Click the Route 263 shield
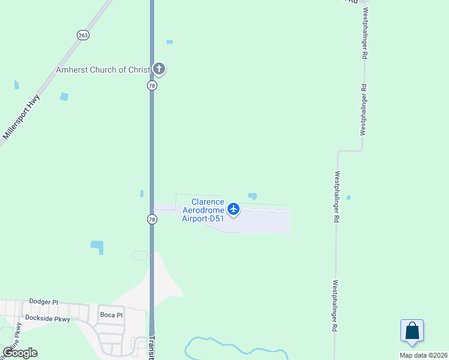[x=83, y=35]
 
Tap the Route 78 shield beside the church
[x=152, y=86]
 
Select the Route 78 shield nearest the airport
[x=152, y=220]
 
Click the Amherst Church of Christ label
[x=102, y=70]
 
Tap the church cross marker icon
[x=159, y=69]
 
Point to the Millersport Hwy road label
[x=21, y=117]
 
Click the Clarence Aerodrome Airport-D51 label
[x=203, y=210]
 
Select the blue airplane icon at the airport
[x=234, y=209]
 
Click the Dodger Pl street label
[x=43, y=301]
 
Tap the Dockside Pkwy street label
[x=47, y=319]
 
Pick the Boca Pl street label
[x=111, y=315]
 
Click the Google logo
[x=20, y=353]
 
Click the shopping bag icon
[x=412, y=331]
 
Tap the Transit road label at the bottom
[x=152, y=347]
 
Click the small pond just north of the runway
[x=253, y=196]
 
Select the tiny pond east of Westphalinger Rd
[x=348, y=197]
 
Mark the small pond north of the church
[x=169, y=42]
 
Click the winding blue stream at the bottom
[x=228, y=348]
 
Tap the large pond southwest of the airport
[x=97, y=246]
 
